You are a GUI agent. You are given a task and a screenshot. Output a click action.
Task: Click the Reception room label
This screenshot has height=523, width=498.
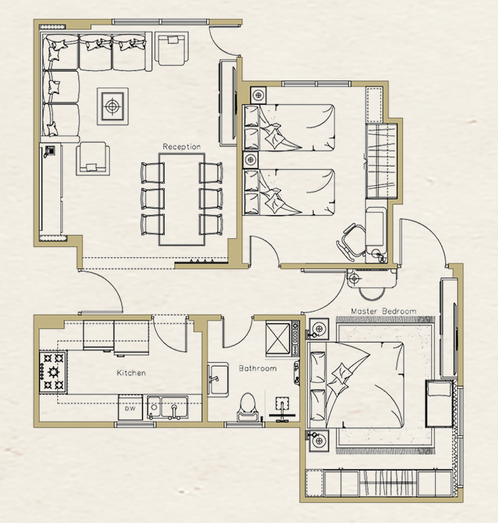182,146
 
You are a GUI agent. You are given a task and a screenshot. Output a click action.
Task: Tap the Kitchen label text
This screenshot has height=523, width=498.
131,373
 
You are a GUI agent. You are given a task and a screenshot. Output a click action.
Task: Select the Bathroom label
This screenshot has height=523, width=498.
258,368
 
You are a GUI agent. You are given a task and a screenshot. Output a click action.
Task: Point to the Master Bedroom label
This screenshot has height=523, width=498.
384,311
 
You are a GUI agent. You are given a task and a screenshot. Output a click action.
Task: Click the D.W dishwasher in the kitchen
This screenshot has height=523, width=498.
130,407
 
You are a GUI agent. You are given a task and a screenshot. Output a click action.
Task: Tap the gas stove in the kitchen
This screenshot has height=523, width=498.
53,372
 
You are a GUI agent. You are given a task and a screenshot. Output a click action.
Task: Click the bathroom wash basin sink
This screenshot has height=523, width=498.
218,380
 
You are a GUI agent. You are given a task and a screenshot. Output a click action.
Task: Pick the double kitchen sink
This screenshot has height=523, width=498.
168,407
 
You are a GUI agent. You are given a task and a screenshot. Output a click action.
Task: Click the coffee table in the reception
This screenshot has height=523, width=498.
113,106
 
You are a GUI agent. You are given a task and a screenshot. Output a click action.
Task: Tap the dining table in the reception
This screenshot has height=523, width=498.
182,199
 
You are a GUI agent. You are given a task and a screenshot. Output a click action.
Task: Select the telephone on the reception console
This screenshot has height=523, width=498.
50,151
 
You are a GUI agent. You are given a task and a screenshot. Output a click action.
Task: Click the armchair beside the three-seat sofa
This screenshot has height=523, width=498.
172,48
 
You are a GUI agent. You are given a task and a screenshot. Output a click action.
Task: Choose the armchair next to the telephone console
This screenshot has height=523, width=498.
93,158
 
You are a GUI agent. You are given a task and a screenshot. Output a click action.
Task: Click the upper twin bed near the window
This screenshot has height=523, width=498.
289,128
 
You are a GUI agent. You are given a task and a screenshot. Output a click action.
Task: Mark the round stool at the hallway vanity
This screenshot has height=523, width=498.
371,294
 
